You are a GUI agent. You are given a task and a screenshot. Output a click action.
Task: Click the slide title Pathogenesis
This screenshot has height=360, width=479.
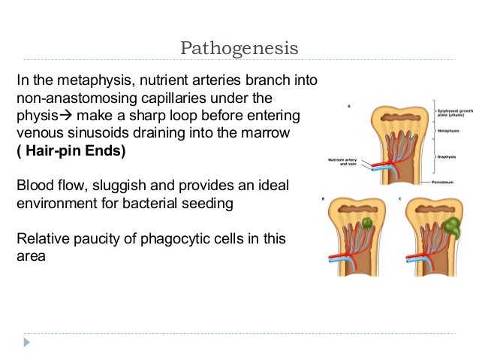[x=239, y=49]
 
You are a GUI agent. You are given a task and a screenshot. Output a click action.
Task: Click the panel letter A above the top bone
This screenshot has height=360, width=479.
[x=348, y=106]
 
